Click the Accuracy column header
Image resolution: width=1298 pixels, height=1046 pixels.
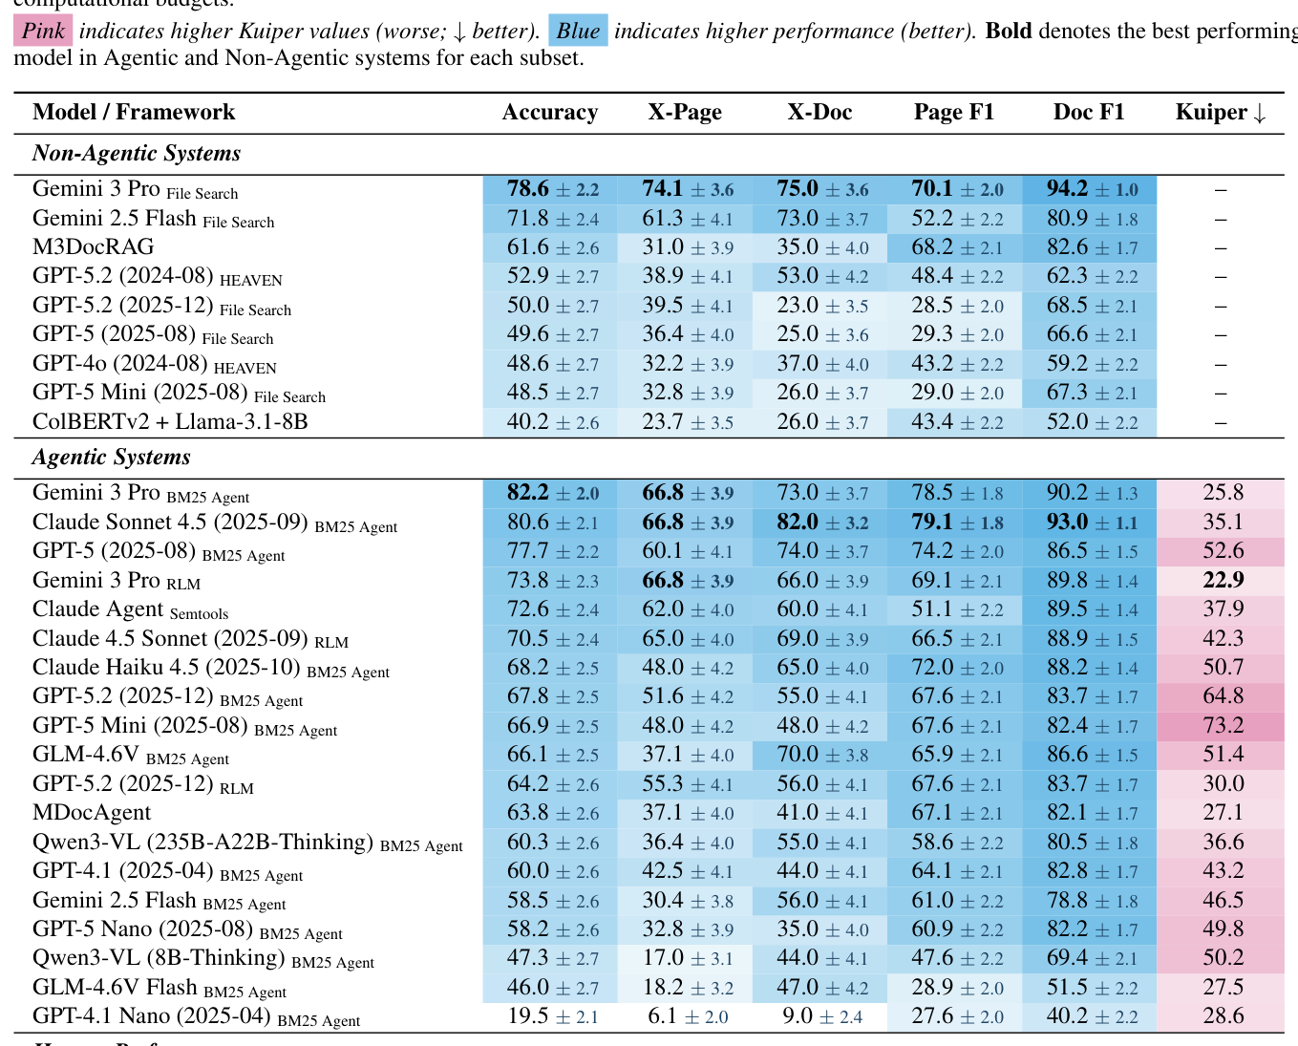pyautogui.click(x=550, y=113)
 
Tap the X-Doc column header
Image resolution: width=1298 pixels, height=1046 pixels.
pyautogui.click(x=819, y=113)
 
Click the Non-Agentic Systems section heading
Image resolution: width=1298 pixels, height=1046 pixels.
pyautogui.click(x=137, y=154)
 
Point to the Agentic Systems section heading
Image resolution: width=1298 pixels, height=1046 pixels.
pyautogui.click(x=112, y=458)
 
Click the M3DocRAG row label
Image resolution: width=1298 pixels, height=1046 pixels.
pyautogui.click(x=93, y=247)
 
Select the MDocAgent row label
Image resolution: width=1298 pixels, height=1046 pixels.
pyautogui.click(x=92, y=813)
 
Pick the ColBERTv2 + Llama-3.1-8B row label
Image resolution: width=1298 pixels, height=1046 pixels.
pyautogui.click(x=170, y=422)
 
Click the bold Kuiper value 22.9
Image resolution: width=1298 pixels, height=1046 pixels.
pyautogui.click(x=1223, y=581)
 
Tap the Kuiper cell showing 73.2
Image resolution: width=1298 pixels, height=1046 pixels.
pyautogui.click(x=1223, y=726)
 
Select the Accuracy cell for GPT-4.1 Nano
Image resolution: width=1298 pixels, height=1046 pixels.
pyautogui.click(x=552, y=1016)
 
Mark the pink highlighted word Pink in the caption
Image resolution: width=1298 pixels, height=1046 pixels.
pyautogui.click(x=43, y=32)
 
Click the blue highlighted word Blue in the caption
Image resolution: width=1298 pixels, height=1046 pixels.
pyautogui.click(x=578, y=32)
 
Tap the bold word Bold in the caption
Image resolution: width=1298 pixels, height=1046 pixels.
pyautogui.click(x=1009, y=32)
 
